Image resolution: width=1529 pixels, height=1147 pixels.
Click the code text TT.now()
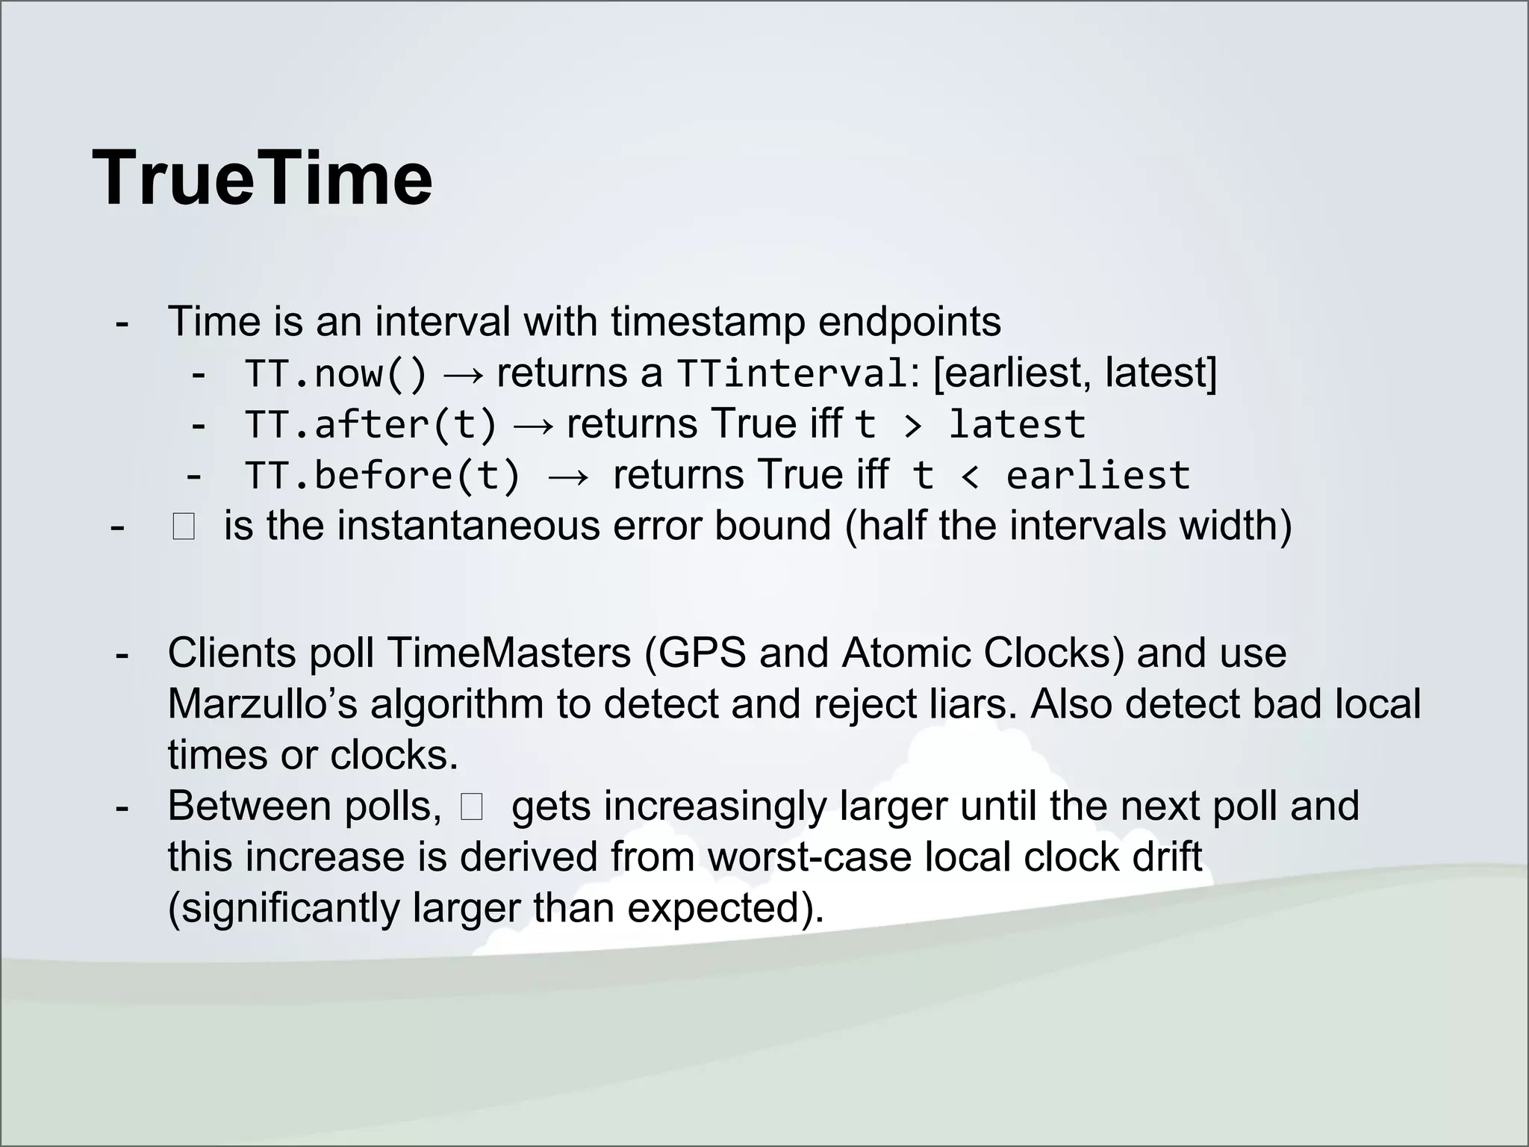point(335,373)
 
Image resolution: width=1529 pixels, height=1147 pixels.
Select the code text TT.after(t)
point(370,424)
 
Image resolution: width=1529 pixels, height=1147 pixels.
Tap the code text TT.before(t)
point(382,475)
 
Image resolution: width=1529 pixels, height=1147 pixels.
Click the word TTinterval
point(792,373)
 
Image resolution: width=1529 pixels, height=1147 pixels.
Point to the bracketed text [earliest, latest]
point(1075,373)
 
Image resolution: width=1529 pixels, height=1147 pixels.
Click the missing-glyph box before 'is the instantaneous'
point(183,527)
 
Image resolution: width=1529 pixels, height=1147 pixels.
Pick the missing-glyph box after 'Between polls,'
point(472,807)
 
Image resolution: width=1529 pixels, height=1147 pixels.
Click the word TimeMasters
point(509,653)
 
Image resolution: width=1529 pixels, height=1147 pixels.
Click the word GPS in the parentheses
point(702,653)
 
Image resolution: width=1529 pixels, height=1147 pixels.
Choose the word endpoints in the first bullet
point(909,323)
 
